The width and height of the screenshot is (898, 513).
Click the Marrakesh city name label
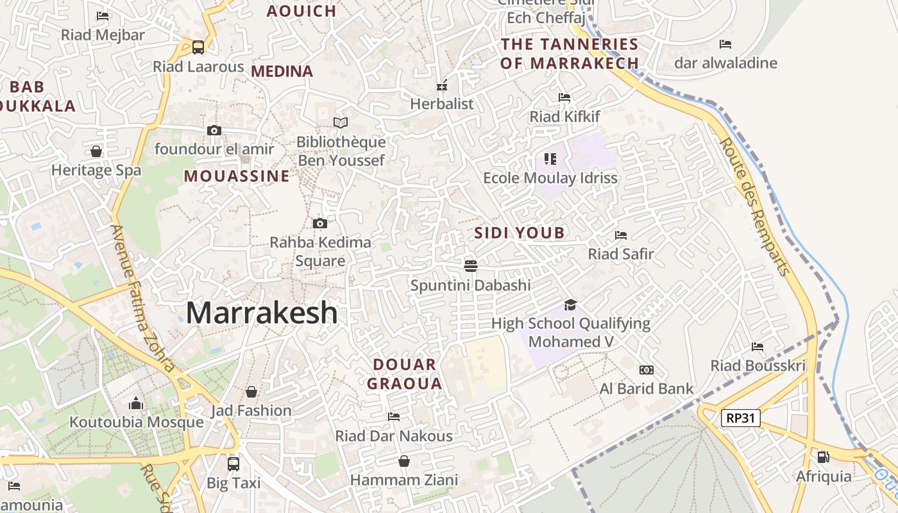click(x=262, y=313)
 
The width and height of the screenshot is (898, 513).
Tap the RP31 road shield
click(x=741, y=419)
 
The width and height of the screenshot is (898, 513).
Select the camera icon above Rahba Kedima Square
click(x=320, y=223)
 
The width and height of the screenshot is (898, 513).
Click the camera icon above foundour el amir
click(x=214, y=130)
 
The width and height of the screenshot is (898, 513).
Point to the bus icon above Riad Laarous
click(x=198, y=47)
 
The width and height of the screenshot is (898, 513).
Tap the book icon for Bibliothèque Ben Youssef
click(x=341, y=122)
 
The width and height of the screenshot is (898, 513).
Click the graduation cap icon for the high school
click(x=570, y=305)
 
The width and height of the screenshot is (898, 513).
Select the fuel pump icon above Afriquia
click(x=823, y=457)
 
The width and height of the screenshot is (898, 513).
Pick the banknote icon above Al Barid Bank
click(x=647, y=370)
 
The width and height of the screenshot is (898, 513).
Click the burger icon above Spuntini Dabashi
click(x=471, y=265)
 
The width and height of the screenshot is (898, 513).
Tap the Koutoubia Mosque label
click(x=136, y=422)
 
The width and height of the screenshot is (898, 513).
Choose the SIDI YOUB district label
click(x=520, y=233)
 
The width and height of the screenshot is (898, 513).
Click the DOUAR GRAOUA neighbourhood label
click(x=408, y=374)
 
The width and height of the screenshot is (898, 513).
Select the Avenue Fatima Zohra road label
click(x=142, y=298)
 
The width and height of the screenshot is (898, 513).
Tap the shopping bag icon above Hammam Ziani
click(x=404, y=461)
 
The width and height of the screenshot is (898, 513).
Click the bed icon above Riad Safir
click(x=620, y=235)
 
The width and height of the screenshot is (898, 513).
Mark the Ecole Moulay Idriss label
click(x=550, y=178)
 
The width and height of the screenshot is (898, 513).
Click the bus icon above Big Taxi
click(x=233, y=464)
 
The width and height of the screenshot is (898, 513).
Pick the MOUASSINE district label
click(x=237, y=176)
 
